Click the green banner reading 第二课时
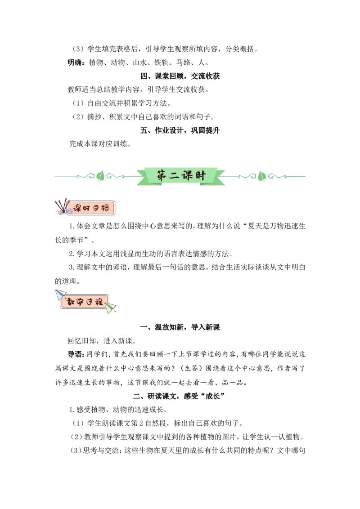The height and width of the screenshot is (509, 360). (180, 176)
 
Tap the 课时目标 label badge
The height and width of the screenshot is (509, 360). (90, 208)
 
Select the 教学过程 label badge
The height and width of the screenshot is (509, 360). (85, 302)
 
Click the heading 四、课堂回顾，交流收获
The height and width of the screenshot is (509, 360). (180, 76)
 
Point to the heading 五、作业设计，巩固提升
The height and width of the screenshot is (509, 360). (180, 130)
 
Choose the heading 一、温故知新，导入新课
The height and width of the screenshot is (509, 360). (180, 327)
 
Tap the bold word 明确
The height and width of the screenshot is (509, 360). (75, 63)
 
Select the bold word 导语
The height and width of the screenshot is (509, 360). (75, 354)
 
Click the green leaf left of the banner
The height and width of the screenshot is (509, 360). (100, 176)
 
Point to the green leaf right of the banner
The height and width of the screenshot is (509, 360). (262, 176)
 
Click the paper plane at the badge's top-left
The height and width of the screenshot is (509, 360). (60, 295)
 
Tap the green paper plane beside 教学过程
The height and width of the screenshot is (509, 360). (110, 308)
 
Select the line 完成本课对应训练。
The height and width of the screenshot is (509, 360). (100, 144)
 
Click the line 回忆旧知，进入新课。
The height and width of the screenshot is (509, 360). (102, 341)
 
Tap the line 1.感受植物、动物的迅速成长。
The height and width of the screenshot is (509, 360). (118, 410)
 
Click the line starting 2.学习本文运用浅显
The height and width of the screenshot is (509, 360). (151, 254)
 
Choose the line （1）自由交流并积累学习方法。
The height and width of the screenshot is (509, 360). (121, 103)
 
